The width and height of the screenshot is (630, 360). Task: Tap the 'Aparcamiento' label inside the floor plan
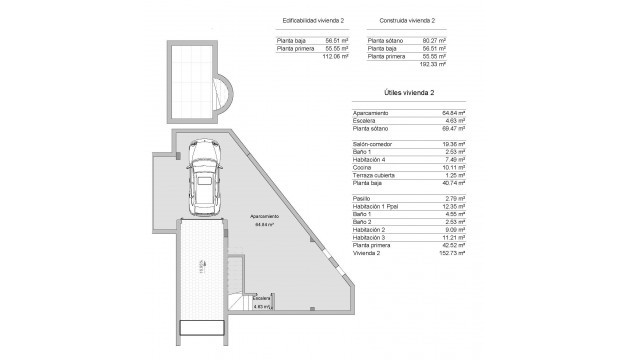click(x=260, y=217)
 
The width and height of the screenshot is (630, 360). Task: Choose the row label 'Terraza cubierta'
click(x=372, y=172)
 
